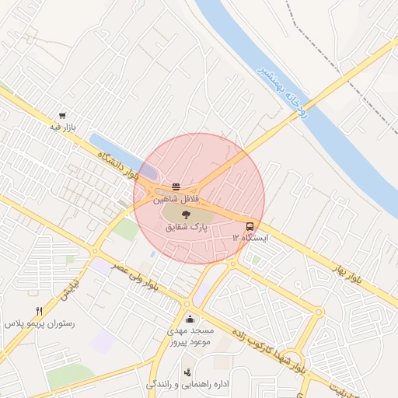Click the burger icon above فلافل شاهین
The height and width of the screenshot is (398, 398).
coord(176,187)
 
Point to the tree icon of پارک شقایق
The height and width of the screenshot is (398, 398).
coord(186,215)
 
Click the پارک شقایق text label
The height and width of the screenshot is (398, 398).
coord(187,229)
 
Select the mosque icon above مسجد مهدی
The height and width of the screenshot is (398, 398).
coord(190,319)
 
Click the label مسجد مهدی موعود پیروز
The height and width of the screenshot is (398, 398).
coord(190,336)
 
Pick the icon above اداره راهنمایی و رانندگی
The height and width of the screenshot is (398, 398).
coord(187,372)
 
